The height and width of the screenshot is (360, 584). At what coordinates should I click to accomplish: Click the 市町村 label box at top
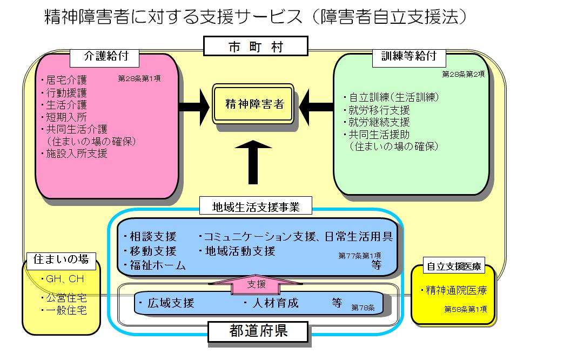pyautogui.click(x=256, y=46)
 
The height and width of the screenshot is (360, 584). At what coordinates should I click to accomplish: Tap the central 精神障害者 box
pyautogui.click(x=253, y=104)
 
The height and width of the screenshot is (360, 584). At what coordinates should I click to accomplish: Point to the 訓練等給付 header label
pyautogui.click(x=409, y=56)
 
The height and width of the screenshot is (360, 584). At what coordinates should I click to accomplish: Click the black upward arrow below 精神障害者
pyautogui.click(x=253, y=161)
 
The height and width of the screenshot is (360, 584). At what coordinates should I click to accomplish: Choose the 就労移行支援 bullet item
pyautogui.click(x=379, y=110)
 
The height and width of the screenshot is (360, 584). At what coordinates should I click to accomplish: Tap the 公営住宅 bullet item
pyautogui.click(x=66, y=298)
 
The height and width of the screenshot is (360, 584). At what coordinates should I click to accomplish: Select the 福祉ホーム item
pyautogui.click(x=157, y=265)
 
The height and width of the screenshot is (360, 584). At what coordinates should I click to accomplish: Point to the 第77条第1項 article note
pyautogui.click(x=360, y=255)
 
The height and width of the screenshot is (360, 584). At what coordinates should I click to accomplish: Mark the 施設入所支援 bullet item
pyautogui.click(x=76, y=154)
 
